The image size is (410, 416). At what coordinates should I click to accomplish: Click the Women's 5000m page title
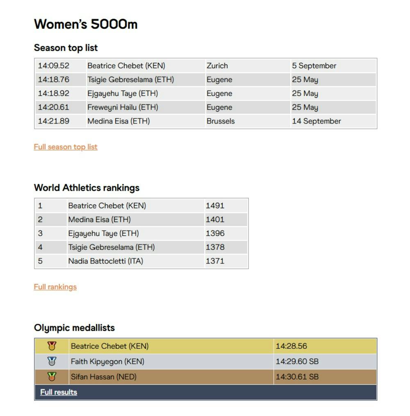point(86,24)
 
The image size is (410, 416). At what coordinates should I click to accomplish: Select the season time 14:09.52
point(54,66)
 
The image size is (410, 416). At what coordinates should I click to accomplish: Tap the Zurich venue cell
point(217,66)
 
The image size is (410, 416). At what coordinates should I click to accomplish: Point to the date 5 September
point(314,66)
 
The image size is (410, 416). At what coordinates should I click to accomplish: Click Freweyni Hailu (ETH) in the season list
point(123,107)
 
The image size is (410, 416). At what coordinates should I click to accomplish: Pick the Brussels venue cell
point(221,121)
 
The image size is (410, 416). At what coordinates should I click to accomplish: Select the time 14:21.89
point(54,121)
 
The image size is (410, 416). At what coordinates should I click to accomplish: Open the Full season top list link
point(66,147)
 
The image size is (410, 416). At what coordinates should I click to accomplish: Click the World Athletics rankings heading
point(87,188)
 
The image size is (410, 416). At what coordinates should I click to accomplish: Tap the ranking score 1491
point(215,206)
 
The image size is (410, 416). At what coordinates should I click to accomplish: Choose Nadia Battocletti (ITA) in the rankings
point(105,261)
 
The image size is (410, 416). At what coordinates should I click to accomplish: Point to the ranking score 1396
point(215,233)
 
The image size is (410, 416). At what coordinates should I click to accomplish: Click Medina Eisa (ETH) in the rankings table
point(99,220)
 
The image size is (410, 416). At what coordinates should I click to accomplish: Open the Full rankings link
point(55,287)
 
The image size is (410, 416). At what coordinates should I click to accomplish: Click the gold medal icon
point(52,346)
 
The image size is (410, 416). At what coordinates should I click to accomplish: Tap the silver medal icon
point(52,361)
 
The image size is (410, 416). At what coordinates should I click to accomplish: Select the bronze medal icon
point(52,377)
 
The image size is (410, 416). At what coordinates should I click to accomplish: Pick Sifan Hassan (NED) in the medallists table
point(103,377)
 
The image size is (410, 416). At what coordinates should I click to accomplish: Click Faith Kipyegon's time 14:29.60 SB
point(297,361)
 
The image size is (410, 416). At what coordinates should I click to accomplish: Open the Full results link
point(59,392)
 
